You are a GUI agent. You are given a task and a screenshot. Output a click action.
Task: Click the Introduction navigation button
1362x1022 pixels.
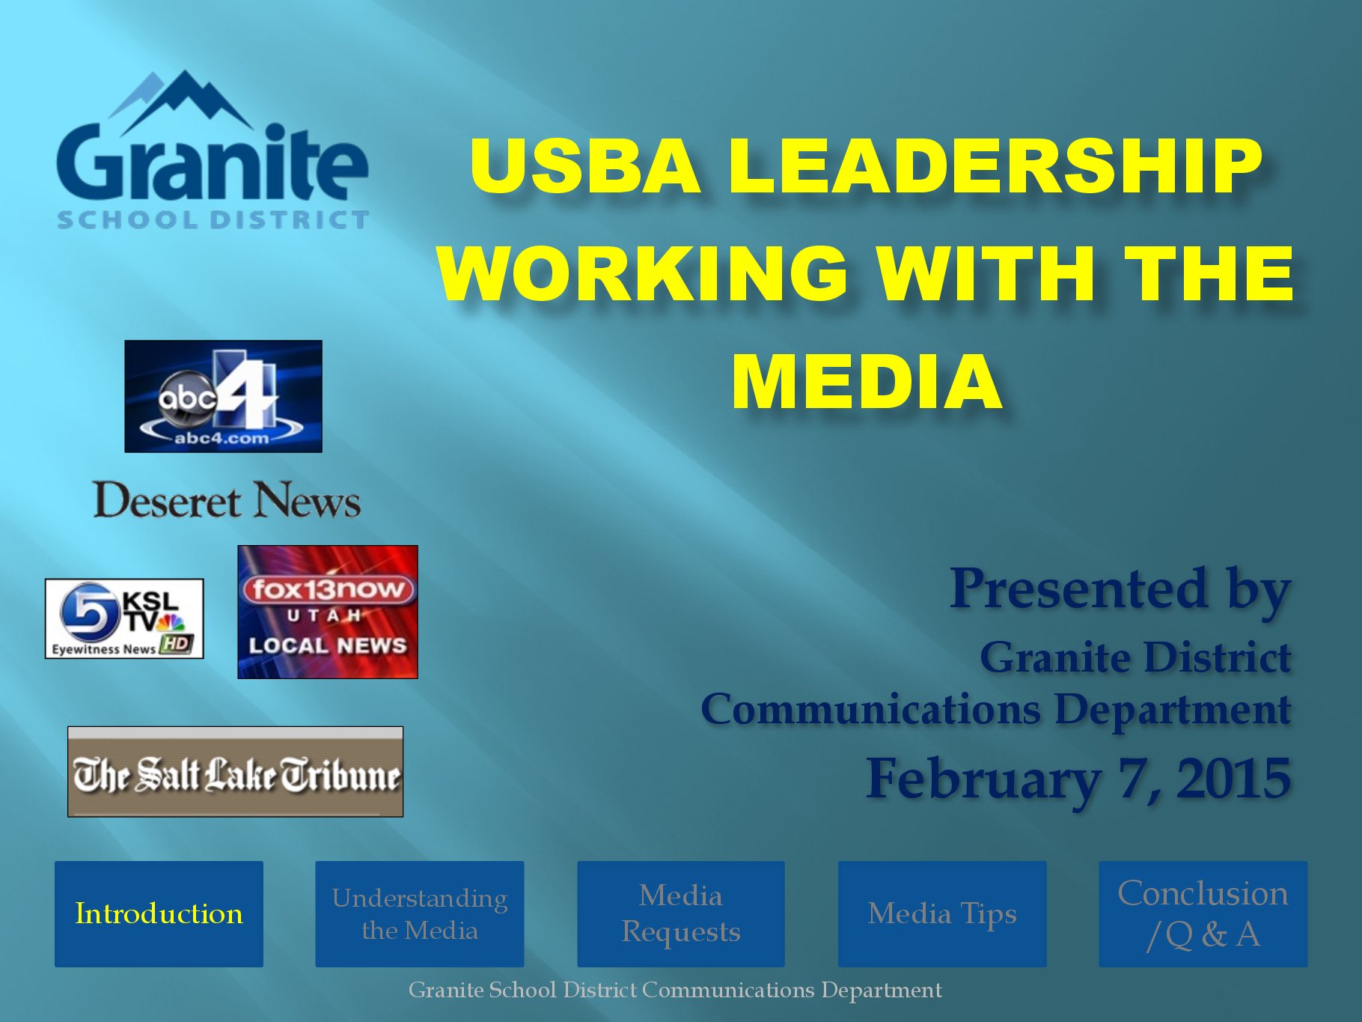159,913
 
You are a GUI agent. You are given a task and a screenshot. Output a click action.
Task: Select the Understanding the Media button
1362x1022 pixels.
419,913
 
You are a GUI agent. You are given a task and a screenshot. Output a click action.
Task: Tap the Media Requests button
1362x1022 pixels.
681,913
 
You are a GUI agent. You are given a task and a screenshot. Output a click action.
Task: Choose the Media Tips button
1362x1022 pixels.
942,913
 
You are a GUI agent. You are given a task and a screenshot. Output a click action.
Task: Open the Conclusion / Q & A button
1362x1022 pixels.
1203,913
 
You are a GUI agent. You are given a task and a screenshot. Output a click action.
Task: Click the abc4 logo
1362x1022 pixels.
223,396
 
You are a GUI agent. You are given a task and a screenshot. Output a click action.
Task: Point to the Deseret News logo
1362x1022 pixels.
227,500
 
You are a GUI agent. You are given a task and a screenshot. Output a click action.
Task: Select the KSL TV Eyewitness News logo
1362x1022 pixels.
124,618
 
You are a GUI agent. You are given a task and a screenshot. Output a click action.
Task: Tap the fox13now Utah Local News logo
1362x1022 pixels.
328,612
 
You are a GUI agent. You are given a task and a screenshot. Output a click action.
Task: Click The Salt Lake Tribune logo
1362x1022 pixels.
236,771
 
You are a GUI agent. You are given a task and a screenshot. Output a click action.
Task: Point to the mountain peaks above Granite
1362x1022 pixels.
183,101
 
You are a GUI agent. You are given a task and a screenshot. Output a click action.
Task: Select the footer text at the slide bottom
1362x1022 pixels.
675,990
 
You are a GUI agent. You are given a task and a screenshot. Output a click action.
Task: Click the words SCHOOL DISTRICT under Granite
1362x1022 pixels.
213,219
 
